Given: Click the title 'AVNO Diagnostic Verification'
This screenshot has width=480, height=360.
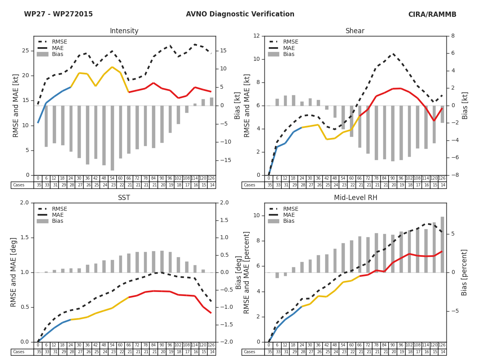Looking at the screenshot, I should click(240, 14).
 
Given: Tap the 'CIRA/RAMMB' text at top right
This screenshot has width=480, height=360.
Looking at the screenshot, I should click(432, 14).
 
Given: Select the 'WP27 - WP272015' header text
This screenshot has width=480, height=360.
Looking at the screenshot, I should click(58, 14).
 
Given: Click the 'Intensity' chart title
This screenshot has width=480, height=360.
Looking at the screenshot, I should click(124, 31).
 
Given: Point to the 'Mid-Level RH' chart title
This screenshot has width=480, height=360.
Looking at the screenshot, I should click(355, 198).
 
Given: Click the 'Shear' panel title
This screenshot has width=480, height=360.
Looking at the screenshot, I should click(355, 31).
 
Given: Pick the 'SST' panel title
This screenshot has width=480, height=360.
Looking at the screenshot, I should click(124, 198).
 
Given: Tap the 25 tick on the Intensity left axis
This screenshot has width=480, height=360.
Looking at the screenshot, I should click(26, 51).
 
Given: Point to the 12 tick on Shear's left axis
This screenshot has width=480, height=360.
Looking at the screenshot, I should click(256, 36).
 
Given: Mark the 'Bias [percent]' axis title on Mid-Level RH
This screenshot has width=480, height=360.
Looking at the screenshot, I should click(464, 272).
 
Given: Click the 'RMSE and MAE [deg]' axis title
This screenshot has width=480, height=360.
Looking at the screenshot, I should click(14, 272).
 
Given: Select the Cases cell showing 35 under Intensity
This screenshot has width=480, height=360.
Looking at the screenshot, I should click(38, 185).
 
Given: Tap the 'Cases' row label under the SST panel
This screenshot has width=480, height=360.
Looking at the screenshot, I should click(19, 352).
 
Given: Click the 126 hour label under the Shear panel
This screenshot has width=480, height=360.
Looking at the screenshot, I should click(442, 178).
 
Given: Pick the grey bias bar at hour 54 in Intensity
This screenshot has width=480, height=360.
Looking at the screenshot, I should click(112, 138).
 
